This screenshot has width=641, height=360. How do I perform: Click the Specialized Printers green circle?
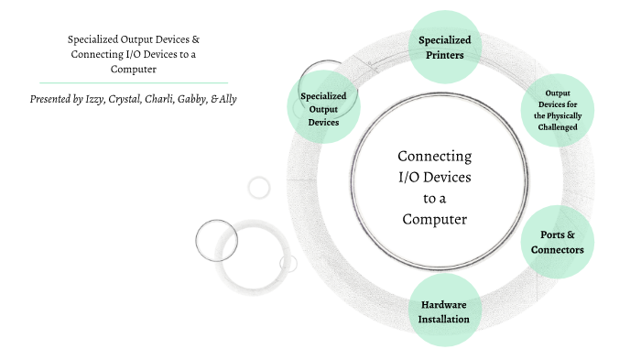(x=445, y=47)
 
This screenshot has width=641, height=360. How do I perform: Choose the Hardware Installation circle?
(x=445, y=311)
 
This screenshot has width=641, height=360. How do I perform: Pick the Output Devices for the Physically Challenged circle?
(x=560, y=110)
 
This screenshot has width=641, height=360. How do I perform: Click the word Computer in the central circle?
(x=435, y=219)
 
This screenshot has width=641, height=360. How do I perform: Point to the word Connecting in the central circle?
(x=435, y=156)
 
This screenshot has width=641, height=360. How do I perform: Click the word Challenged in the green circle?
(x=560, y=127)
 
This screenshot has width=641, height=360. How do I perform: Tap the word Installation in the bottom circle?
(x=445, y=320)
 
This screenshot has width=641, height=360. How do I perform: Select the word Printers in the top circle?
(x=445, y=55)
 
